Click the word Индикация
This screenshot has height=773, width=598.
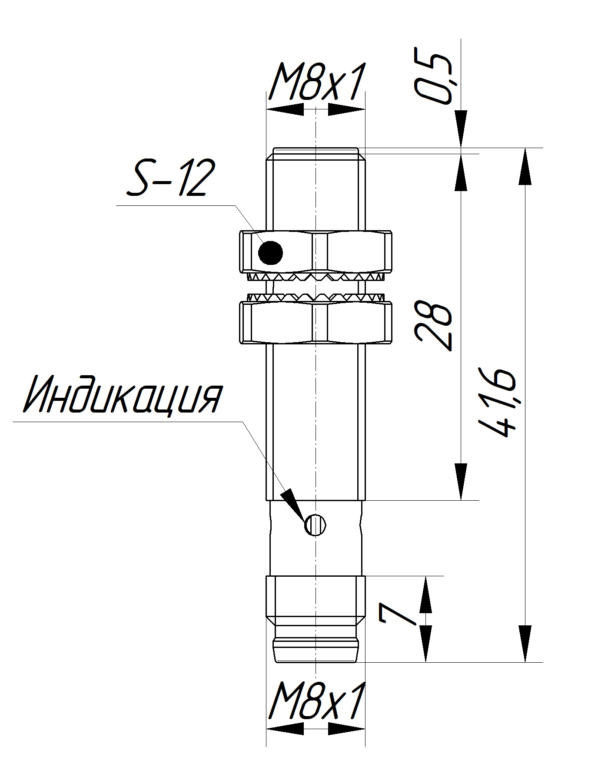pyautogui.click(x=122, y=396)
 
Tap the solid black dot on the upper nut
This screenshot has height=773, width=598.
pyautogui.click(x=270, y=252)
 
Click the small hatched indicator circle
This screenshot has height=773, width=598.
pyautogui.click(x=316, y=525)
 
